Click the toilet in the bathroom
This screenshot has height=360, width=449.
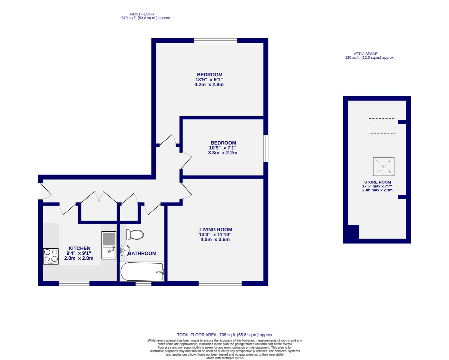pyautogui.click(x=135, y=235)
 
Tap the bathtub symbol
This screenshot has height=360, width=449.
pyautogui.click(x=142, y=272)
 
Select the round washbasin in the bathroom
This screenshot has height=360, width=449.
pyautogui.click(x=125, y=249)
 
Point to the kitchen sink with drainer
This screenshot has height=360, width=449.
pyautogui.click(x=109, y=245)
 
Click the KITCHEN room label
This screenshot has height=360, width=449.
pyautogui.click(x=79, y=248)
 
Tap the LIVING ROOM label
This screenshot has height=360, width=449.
pyautogui.click(x=216, y=230)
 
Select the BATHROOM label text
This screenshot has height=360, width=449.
pyautogui.click(x=142, y=253)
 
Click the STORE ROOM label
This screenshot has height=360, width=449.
pyautogui.click(x=377, y=182)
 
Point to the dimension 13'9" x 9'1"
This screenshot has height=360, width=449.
pyautogui.click(x=209, y=80)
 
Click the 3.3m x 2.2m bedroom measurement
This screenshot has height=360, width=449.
pyautogui.click(x=223, y=153)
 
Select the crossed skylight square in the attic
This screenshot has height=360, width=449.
pyautogui.click(x=383, y=167)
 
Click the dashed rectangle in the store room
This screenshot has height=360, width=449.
pyautogui.click(x=382, y=126)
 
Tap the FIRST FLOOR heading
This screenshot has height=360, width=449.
pyautogui.click(x=142, y=14)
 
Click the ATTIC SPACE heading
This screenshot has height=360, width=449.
pyautogui.click(x=365, y=54)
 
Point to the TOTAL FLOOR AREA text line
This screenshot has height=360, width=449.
pyautogui.click(x=225, y=335)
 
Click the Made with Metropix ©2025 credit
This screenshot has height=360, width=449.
pyautogui.click(x=225, y=358)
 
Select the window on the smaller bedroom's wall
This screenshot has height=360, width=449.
pyautogui.click(x=266, y=148)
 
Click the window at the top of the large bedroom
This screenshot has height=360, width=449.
pyautogui.click(x=216, y=41)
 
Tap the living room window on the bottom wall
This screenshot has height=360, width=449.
pyautogui.click(x=220, y=283)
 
